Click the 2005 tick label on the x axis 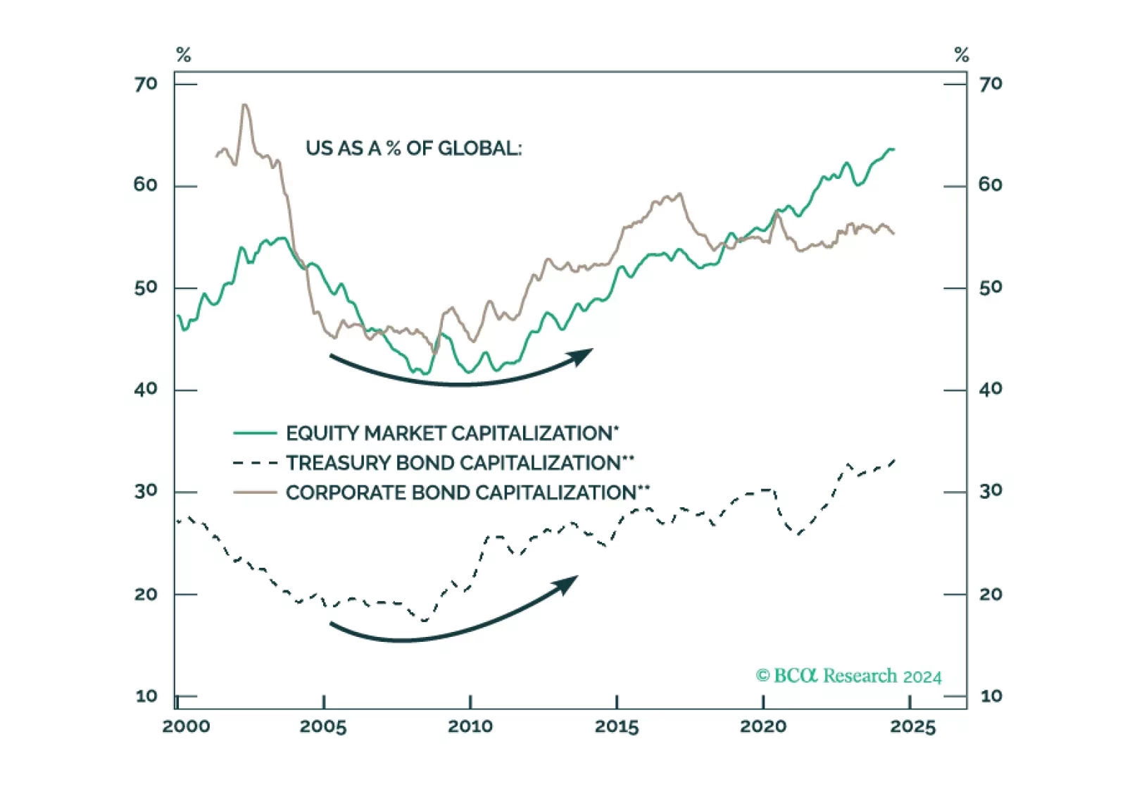click(x=323, y=726)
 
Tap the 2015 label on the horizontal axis click(x=617, y=726)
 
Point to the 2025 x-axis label click(x=912, y=726)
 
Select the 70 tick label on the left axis click(x=146, y=84)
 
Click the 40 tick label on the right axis click(x=991, y=389)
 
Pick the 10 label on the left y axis click(x=146, y=696)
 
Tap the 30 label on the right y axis click(x=991, y=490)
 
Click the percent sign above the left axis click(x=184, y=55)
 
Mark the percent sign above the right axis click(x=962, y=55)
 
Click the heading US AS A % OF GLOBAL click(x=413, y=148)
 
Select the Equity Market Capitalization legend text click(x=452, y=433)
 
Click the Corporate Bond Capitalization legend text click(x=467, y=492)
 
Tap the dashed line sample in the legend click(x=255, y=463)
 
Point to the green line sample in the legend click(x=255, y=433)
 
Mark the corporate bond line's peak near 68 click(x=244, y=105)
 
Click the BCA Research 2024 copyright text click(x=848, y=676)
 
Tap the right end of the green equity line click(x=893, y=149)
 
